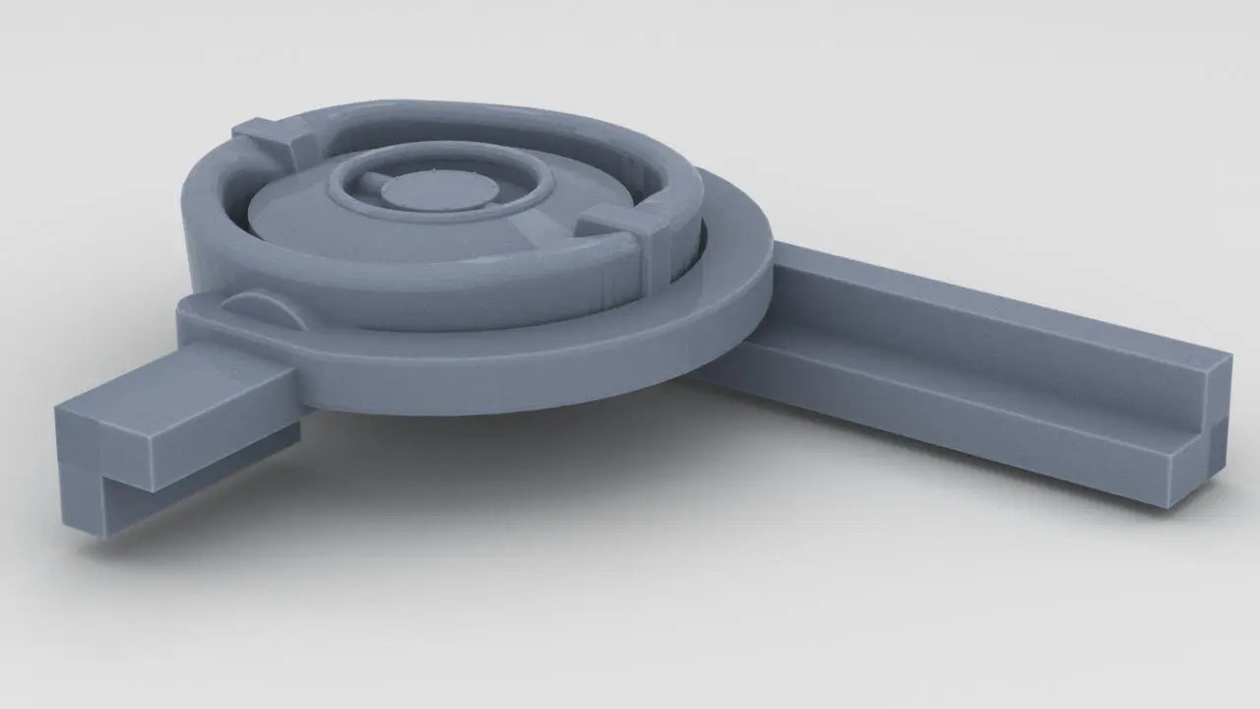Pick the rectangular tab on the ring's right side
click(625, 231)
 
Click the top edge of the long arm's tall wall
click(984, 295)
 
